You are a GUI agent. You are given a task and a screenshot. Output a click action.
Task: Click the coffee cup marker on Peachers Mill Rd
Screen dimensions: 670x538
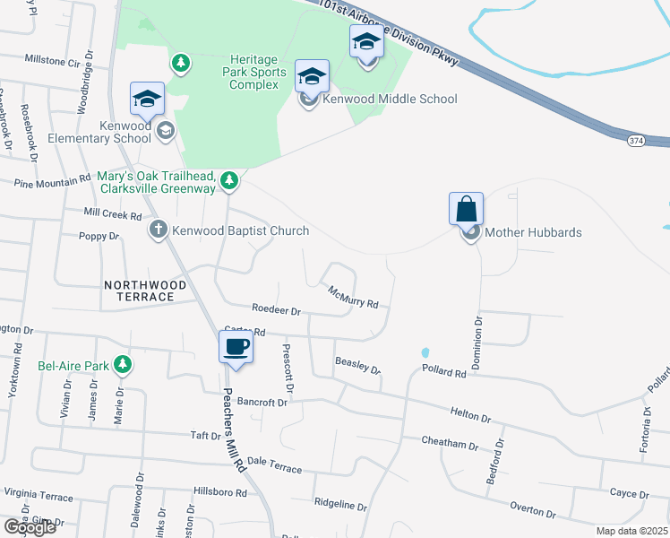tap(236, 347)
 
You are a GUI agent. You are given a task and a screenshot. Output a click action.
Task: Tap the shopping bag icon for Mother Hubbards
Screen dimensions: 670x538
tap(467, 210)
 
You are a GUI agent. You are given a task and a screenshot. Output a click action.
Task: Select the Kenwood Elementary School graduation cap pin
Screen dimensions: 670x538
tap(147, 100)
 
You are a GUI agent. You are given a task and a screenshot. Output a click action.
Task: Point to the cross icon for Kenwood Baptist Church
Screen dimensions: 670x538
tap(159, 230)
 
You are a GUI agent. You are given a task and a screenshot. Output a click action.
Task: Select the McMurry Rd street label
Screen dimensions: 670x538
tap(353, 298)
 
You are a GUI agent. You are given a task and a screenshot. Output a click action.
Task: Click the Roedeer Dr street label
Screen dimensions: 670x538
tap(276, 310)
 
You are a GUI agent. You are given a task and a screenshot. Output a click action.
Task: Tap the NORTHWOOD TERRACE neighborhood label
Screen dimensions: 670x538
tap(145, 291)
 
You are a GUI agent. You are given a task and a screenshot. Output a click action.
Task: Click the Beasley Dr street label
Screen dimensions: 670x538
tap(357, 365)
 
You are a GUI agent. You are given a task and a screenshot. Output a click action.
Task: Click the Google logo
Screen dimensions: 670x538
tap(30, 526)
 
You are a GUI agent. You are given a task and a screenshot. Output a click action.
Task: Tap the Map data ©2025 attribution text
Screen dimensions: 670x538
tap(631, 531)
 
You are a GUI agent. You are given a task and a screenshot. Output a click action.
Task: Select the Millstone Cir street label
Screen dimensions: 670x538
tap(52, 62)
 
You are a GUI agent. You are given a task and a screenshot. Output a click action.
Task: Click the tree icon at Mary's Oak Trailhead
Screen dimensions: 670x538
tap(230, 182)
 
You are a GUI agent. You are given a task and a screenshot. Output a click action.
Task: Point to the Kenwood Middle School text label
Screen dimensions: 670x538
tap(392, 99)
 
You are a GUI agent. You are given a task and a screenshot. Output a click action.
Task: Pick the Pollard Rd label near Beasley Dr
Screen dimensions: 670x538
tap(444, 370)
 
